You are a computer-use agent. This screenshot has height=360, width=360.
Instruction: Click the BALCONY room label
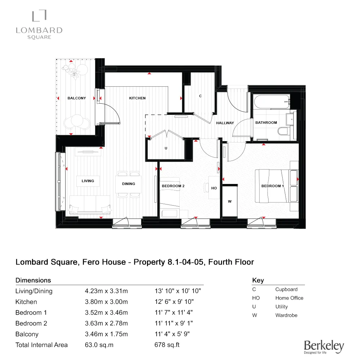coord(77,98)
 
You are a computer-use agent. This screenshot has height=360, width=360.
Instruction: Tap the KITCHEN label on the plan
coord(138,98)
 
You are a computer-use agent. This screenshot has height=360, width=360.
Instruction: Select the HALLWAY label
coord(225,123)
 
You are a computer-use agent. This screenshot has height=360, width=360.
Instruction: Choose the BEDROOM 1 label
coord(273,186)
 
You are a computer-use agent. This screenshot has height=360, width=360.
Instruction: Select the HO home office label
coord(214,188)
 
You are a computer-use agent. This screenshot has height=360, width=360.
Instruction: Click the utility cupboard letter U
coord(166,148)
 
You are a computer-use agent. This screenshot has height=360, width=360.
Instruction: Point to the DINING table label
coord(129,184)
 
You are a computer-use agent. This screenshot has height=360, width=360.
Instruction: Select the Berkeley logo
coord(324,346)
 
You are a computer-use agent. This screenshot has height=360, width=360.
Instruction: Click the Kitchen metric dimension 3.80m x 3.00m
coord(106,302)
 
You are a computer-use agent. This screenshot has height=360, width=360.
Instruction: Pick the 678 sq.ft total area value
coord(167,345)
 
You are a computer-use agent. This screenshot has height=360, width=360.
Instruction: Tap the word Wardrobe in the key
coord(286,315)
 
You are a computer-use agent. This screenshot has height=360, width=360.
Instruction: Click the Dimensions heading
coord(33,280)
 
